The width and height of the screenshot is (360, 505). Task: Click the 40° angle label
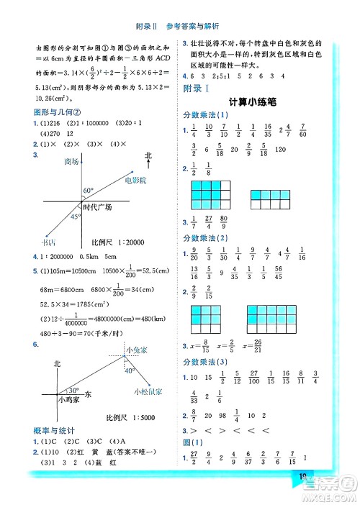pyautogui.click(x=130, y=371)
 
